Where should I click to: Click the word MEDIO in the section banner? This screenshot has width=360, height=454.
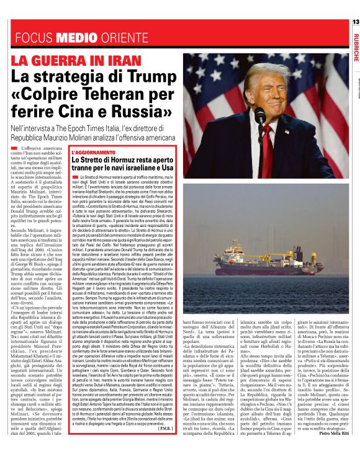(77, 38)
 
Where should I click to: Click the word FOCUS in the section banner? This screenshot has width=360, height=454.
(37, 38)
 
